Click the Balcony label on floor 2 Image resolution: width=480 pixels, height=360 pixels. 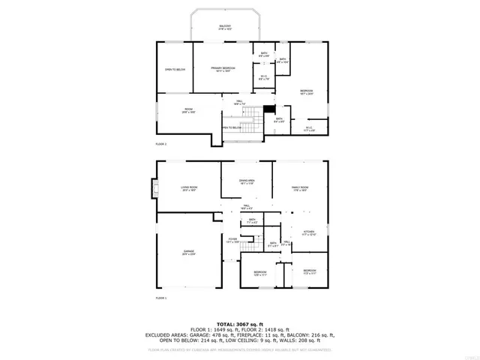pos(225,27)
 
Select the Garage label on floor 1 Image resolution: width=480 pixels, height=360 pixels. pos(189,253)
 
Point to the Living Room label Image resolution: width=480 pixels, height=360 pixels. pos(189,188)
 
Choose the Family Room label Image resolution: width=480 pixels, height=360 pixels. pos(299,188)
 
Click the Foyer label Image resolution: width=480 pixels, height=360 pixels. pos(233,240)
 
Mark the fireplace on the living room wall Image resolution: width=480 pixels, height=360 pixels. pos(154,188)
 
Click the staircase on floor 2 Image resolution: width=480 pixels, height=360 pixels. pos(257,115)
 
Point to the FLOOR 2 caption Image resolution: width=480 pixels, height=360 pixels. pos(160,142)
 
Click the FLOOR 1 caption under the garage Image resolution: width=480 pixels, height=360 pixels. pos(160,298)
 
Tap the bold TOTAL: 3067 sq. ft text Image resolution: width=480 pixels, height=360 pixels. pos(239,322)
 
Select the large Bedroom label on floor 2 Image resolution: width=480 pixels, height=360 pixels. pos(305,92)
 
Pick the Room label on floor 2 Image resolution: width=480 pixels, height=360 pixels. pos(189,110)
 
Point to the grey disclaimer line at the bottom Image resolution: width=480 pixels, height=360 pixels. pos(239,349)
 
